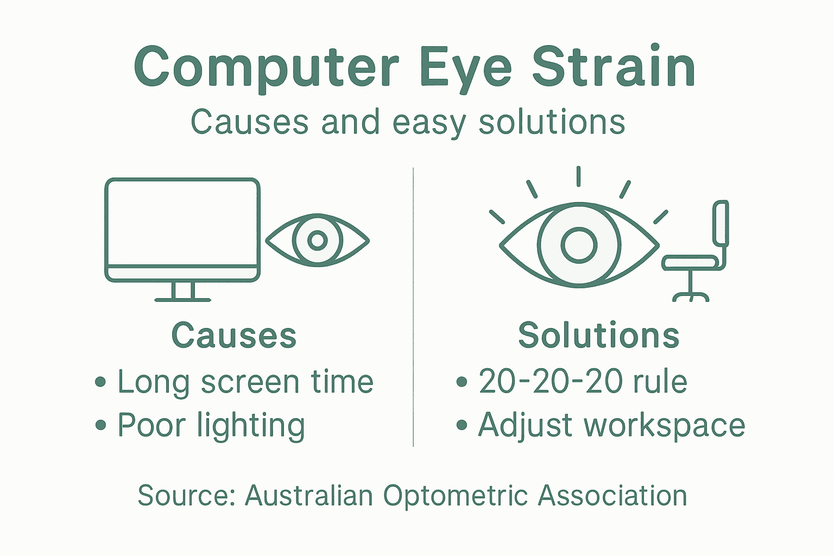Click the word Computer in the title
coord(266,67)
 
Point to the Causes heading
coord(234,335)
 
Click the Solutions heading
coord(598,335)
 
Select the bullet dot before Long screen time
coord(100,382)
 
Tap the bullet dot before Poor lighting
coord(100,425)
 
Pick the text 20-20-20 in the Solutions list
coord(550,382)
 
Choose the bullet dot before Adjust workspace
coord(462,425)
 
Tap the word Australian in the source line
coord(308,496)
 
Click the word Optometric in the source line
coord(456,496)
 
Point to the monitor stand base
coord(182,299)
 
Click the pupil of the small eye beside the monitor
coord(318,240)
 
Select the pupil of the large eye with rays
coord(579,245)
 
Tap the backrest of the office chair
coord(721,223)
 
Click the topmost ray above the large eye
coord(579,176)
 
